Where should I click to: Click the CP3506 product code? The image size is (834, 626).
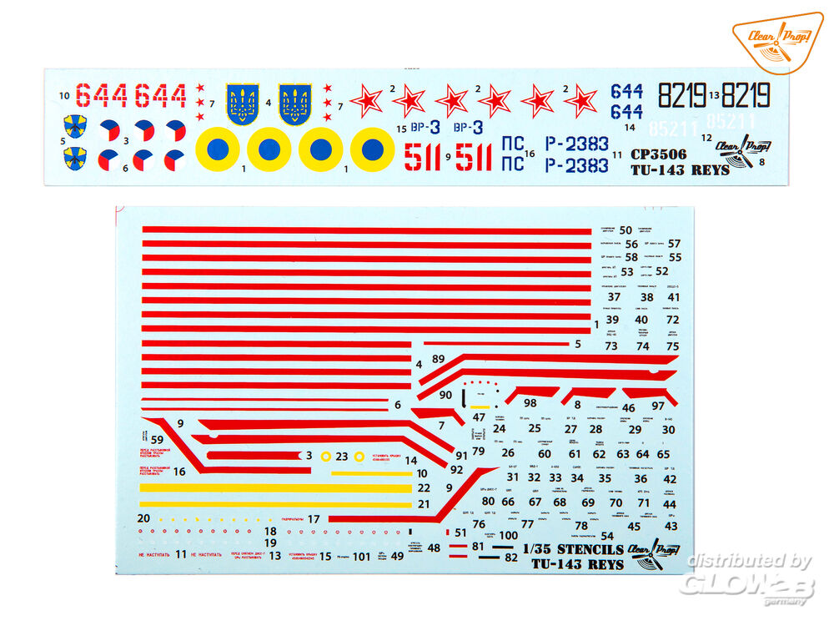[659, 154]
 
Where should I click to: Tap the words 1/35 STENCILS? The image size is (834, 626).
[572, 549]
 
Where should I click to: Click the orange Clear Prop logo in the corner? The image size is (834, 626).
[777, 42]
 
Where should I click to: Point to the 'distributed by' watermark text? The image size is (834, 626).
[749, 562]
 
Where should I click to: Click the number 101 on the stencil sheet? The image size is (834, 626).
[360, 557]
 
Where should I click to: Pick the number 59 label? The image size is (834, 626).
[157, 438]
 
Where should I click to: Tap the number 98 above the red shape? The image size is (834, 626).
[530, 403]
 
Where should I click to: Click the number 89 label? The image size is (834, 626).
[438, 360]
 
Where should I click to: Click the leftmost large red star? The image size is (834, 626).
[366, 100]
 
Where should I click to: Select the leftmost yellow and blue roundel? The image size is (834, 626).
[217, 150]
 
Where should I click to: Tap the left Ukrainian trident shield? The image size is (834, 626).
[243, 104]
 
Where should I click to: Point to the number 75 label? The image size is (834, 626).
[673, 346]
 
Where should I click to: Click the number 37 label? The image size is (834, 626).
[615, 297]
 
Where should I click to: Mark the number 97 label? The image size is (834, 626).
[658, 406]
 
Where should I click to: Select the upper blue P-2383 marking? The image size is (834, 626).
[576, 144]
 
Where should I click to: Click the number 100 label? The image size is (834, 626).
[508, 535]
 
